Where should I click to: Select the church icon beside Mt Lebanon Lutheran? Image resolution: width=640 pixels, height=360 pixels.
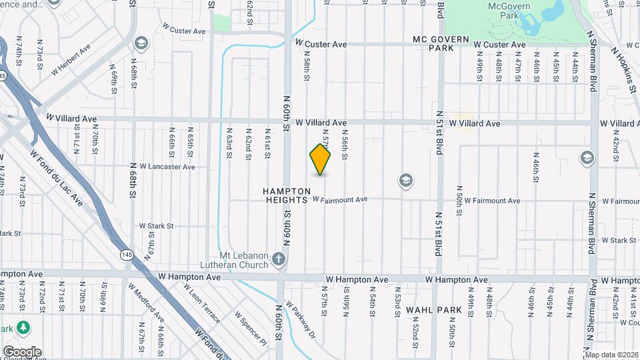(279, 258)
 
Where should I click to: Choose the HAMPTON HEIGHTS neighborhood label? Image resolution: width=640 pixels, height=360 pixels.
(289, 195)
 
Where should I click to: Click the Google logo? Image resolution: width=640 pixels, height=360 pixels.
(22, 352)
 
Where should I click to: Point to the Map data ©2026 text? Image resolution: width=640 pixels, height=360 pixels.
(611, 355)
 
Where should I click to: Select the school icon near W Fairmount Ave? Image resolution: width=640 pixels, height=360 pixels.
(405, 180)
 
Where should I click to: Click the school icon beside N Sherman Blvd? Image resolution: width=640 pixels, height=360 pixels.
(587, 158)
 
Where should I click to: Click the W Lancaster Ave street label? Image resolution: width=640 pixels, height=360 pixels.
(163, 167)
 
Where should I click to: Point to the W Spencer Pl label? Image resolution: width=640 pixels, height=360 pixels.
(250, 328)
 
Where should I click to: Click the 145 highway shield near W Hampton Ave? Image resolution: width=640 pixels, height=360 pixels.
(126, 254)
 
